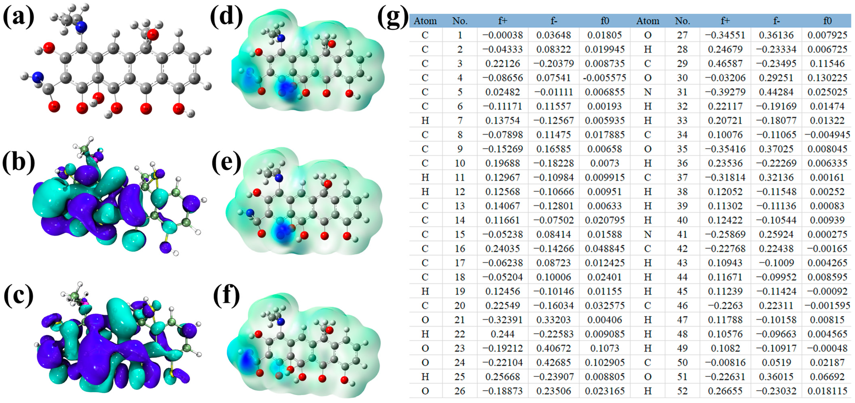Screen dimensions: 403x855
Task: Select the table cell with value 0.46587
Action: tap(725, 63)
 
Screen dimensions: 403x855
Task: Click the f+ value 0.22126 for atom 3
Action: tap(502, 63)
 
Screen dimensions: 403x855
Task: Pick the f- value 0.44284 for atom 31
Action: tap(776, 92)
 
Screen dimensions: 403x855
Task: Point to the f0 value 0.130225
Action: tap(827, 78)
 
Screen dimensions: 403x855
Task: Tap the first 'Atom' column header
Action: tap(425, 21)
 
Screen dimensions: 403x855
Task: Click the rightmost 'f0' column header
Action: tap(827, 21)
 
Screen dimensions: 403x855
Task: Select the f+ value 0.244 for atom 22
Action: tap(502, 334)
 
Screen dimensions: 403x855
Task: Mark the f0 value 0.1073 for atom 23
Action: tap(605, 348)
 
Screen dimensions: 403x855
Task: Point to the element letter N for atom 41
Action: tap(648, 234)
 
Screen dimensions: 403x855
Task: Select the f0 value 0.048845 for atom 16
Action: tap(605, 248)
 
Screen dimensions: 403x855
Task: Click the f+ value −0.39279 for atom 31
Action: tap(725, 92)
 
